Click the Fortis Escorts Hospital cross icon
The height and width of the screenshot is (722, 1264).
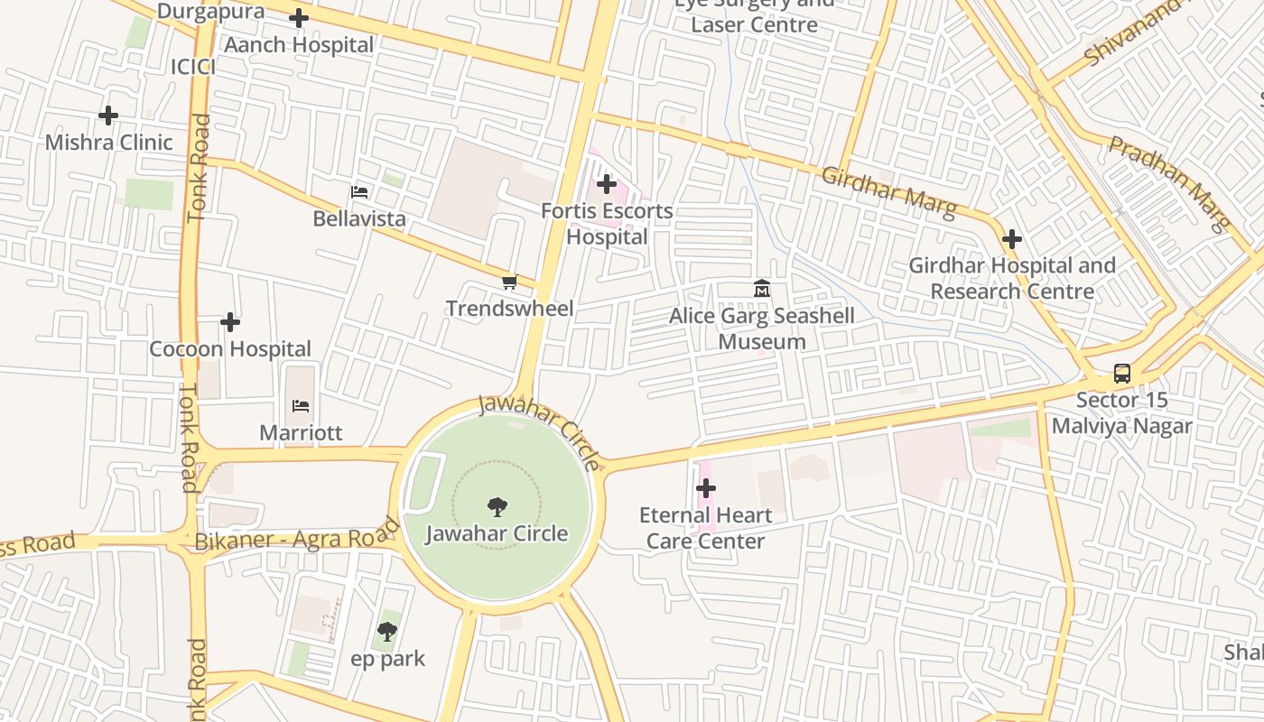point(607,185)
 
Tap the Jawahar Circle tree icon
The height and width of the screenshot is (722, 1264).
point(497,506)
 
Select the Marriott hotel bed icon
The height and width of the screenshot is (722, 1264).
point(301,406)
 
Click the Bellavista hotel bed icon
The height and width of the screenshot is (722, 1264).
point(359,192)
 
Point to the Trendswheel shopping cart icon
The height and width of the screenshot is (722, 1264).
point(509,282)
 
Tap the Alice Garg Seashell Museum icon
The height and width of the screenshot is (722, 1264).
point(762,289)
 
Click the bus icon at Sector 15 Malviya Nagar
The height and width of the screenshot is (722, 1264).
point(1121,373)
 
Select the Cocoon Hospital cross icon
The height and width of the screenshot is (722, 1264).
point(230,322)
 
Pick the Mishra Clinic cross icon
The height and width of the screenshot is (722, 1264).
point(108,116)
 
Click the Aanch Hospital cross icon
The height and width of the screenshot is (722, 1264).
point(299,18)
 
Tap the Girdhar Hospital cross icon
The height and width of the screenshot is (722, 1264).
point(1012,239)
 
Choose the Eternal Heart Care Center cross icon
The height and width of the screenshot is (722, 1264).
point(706,489)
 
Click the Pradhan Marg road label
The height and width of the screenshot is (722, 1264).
point(1170,184)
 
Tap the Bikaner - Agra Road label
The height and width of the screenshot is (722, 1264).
point(297,539)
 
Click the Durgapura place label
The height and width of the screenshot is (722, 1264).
point(210,12)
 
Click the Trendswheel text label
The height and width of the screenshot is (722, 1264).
point(509,309)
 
